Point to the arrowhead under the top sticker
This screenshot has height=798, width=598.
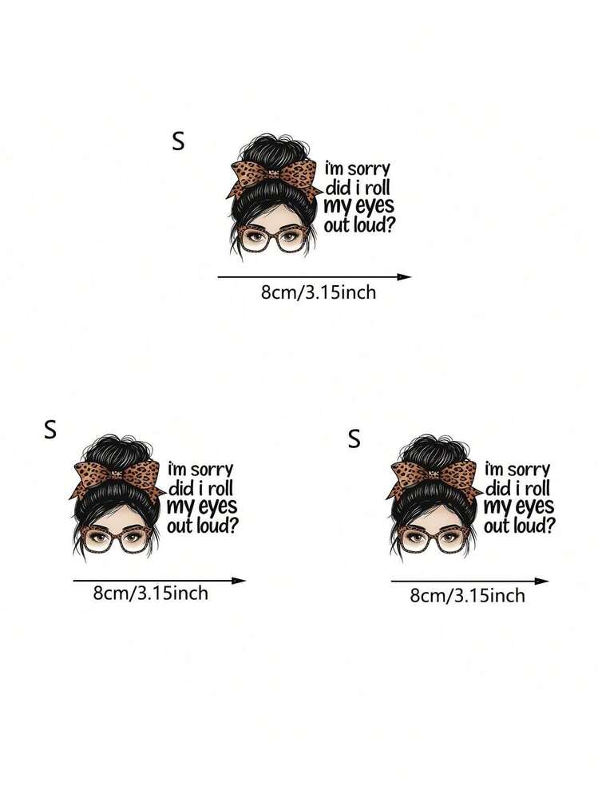pyautogui.click(x=404, y=277)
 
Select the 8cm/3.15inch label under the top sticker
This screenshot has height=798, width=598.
pyautogui.click(x=319, y=292)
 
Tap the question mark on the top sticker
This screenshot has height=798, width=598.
pyautogui.click(x=390, y=224)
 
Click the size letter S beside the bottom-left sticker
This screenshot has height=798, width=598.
pyautogui.click(x=50, y=430)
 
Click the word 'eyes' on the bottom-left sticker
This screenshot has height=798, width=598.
pyautogui.click(x=216, y=506)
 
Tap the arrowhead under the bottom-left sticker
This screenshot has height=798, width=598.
pyautogui.click(x=239, y=580)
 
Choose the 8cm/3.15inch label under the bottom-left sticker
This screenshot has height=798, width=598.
pyautogui.click(x=151, y=593)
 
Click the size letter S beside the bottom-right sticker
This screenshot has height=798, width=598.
pyautogui.click(x=354, y=439)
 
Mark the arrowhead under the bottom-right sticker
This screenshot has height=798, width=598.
pyautogui.click(x=542, y=581)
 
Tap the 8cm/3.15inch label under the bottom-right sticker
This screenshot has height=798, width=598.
pyautogui.click(x=467, y=595)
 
